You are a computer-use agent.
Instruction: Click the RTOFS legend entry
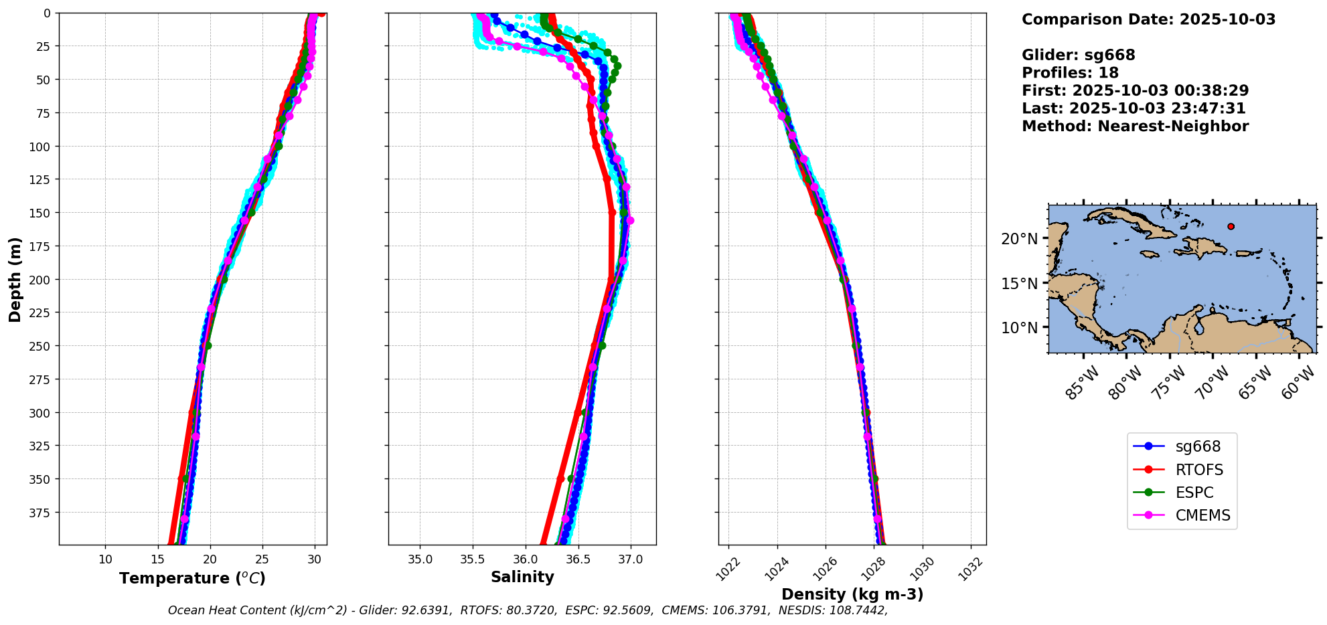pyautogui.click(x=1198, y=470)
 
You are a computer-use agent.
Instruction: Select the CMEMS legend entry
pyautogui.click(x=1202, y=515)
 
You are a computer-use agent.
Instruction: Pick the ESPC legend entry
pyautogui.click(x=1194, y=493)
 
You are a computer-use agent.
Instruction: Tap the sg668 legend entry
pyautogui.click(x=1198, y=446)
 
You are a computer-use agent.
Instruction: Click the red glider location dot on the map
pyautogui.click(x=1231, y=226)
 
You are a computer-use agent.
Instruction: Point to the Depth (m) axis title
pyautogui.click(x=15, y=279)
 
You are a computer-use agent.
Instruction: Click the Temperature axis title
pyautogui.click(x=192, y=578)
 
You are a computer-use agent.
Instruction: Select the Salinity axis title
pyautogui.click(x=522, y=577)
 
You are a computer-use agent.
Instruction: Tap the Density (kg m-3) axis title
pyautogui.click(x=852, y=594)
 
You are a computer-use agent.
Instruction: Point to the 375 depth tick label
pyautogui.click(x=41, y=513)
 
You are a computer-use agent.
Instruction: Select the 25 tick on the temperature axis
pyautogui.click(x=262, y=559)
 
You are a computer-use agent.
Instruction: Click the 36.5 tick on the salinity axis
pyautogui.click(x=578, y=559)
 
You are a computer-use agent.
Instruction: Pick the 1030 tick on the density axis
pyautogui.click(x=923, y=567)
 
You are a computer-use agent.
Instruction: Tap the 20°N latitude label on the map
pyautogui.click(x=1019, y=239)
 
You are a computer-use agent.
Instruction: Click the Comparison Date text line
pyautogui.click(x=1148, y=19)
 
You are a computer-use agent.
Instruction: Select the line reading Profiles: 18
pyautogui.click(x=1070, y=73)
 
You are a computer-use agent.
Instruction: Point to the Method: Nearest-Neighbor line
pyautogui.click(x=1135, y=126)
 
